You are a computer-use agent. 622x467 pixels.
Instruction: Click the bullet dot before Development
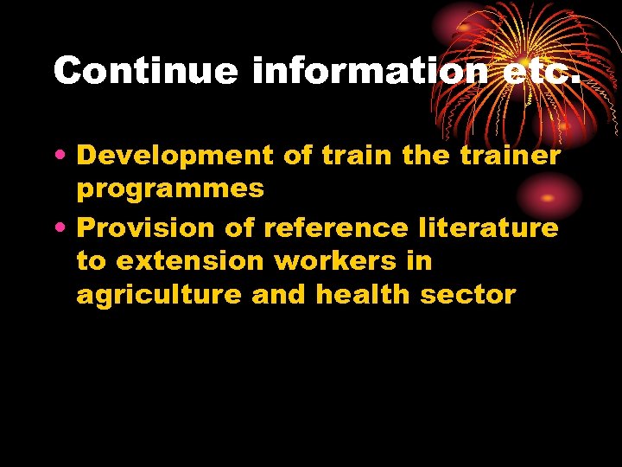[65, 157]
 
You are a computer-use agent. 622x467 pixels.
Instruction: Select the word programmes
[170, 190]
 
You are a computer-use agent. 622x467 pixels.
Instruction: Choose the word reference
[337, 228]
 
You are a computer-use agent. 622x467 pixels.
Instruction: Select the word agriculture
[160, 296]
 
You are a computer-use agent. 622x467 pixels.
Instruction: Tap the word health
[363, 295]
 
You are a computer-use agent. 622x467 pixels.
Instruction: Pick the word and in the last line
[280, 295]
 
